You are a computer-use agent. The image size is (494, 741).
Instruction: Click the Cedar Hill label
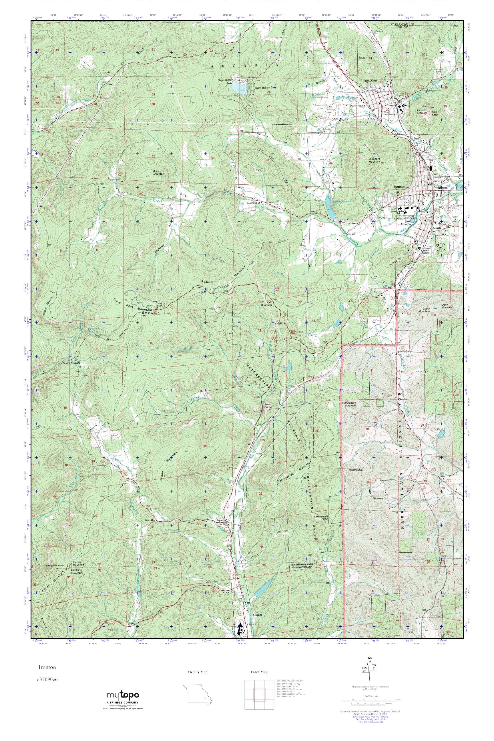(x=365, y=58)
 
